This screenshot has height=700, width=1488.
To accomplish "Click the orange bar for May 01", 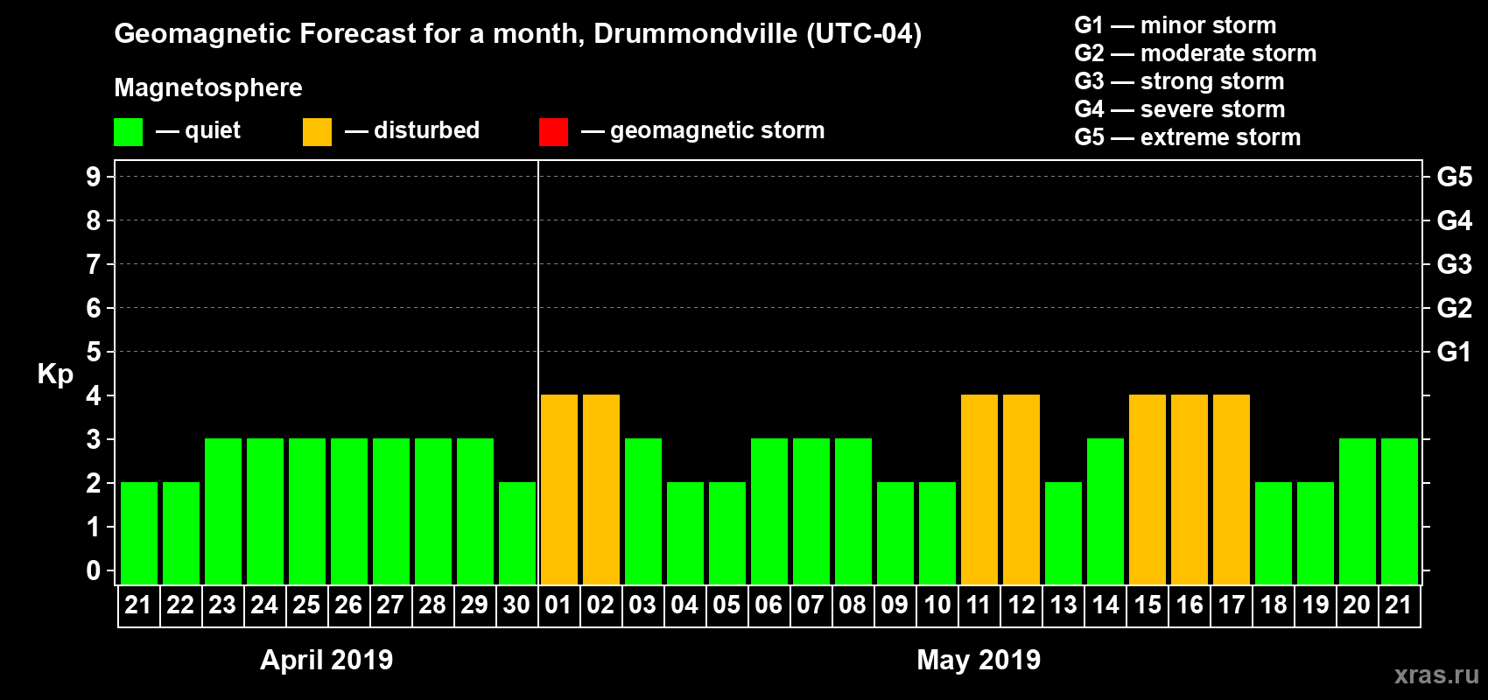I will click(559, 489).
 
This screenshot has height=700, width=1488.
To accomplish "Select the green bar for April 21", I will click(139, 533).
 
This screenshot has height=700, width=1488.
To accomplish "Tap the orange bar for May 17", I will click(1232, 489).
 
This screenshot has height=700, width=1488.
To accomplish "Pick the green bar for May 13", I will click(1063, 533).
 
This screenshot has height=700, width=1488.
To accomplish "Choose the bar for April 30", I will click(517, 533).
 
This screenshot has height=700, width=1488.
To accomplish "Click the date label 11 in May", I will click(979, 605).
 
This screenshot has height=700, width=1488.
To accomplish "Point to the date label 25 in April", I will click(306, 605).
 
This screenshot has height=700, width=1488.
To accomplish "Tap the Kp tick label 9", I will click(94, 177).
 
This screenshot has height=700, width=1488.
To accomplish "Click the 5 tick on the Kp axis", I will click(94, 352).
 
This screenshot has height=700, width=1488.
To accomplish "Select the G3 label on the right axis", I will click(1454, 264).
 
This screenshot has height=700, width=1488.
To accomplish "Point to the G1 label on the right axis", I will click(1454, 352).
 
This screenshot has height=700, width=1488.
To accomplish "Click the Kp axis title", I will click(55, 374).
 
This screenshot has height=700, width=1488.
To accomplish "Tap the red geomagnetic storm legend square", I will click(553, 132).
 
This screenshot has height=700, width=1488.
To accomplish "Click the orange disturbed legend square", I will click(317, 132).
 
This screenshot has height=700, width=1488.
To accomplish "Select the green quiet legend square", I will click(128, 132).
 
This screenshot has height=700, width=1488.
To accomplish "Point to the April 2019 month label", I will click(326, 660).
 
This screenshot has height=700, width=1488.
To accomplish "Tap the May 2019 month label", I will click(979, 660).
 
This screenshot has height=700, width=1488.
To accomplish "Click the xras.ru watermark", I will click(1436, 675).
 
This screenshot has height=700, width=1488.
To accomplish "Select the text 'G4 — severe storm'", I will click(1179, 109).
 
